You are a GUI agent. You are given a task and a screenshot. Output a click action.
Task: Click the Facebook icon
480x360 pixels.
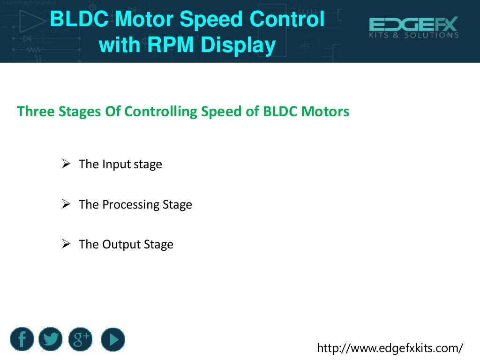click(x=22, y=339)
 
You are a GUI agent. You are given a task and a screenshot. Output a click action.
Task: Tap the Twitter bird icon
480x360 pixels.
click(x=51, y=339)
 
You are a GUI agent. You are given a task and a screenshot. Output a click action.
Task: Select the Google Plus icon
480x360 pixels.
click(x=80, y=339)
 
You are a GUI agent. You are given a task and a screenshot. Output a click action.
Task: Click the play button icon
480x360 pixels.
click(x=113, y=339)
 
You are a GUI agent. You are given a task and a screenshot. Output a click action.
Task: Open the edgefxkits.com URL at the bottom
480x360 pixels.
click(x=390, y=348)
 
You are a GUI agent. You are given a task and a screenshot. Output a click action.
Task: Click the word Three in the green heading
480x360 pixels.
click(x=33, y=112)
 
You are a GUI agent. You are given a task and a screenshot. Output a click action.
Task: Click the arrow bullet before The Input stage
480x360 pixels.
click(x=66, y=164)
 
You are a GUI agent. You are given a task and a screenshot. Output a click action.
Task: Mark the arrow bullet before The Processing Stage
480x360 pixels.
click(x=66, y=204)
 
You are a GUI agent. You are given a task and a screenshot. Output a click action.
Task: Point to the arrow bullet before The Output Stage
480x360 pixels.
click(x=66, y=244)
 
